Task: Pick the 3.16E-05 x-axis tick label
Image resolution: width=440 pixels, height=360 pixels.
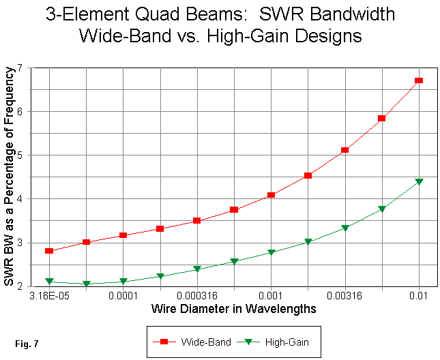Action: coord(49,297)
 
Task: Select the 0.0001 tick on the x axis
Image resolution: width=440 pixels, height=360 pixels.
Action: coord(123,297)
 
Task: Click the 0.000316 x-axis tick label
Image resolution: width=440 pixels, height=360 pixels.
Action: coord(197,297)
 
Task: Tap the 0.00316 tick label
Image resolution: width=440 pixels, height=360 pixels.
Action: coord(344,297)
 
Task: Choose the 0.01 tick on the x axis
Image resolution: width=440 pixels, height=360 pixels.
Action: coord(418,297)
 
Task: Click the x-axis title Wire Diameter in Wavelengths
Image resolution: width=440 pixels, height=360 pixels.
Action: coord(233,309)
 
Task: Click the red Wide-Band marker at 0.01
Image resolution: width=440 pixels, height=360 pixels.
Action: coord(419,80)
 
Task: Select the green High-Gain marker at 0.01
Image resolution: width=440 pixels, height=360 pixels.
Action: coord(419,181)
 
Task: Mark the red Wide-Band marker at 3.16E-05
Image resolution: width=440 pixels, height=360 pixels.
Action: coord(49,251)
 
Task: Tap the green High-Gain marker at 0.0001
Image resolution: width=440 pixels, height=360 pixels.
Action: coord(123,281)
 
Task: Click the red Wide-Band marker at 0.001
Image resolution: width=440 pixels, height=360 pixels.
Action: coord(271,195)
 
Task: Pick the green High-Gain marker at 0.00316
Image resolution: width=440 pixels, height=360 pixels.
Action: coord(345,228)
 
